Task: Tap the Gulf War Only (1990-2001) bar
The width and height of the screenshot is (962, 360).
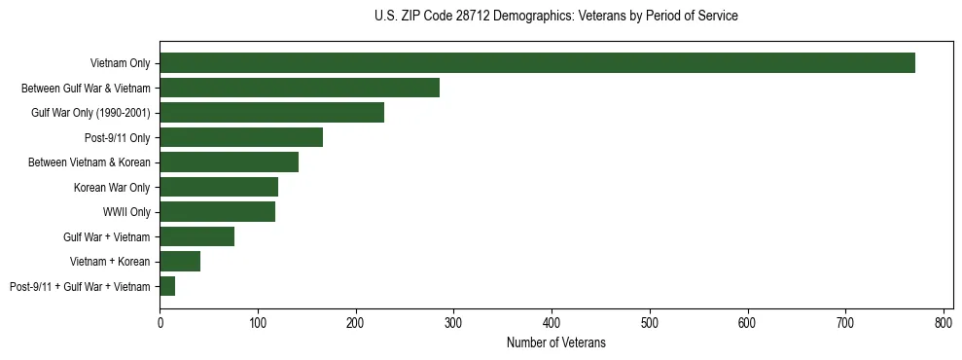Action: point(271,113)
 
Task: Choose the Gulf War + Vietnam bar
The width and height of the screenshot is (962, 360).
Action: point(196,236)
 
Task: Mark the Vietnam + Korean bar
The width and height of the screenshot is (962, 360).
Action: point(180,262)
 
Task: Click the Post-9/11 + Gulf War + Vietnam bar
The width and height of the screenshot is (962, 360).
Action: point(167,286)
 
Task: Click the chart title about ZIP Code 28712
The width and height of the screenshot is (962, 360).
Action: point(555,17)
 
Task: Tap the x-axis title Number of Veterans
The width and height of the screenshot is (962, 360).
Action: point(555,342)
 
